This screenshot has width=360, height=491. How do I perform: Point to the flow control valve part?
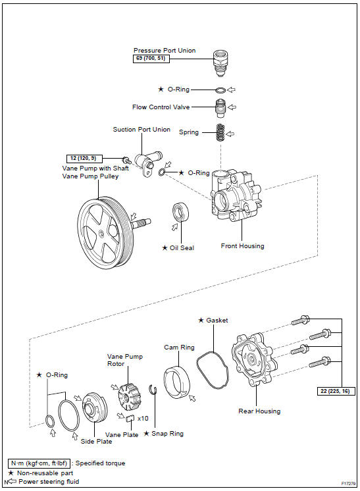click(221, 108)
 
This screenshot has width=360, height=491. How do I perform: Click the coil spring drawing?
click(220, 132)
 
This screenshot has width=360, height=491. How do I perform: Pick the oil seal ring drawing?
click(180, 212)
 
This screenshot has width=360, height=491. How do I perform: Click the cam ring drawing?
click(176, 382)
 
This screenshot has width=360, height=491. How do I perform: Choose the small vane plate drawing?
click(130, 418)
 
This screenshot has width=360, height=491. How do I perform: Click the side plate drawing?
click(95, 407)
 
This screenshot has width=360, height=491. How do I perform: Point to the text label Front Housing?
click(242, 246)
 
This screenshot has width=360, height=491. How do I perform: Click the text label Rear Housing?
click(259, 411)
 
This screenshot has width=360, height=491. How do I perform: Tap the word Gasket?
click(217, 321)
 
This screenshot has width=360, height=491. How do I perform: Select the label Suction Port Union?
click(141, 129)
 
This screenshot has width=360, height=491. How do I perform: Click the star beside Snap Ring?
click(146, 434)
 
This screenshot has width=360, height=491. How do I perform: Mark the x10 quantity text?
click(143, 419)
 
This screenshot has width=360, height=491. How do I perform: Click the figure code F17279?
click(348, 484)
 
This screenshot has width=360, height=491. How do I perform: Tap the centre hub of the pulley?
click(101, 233)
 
